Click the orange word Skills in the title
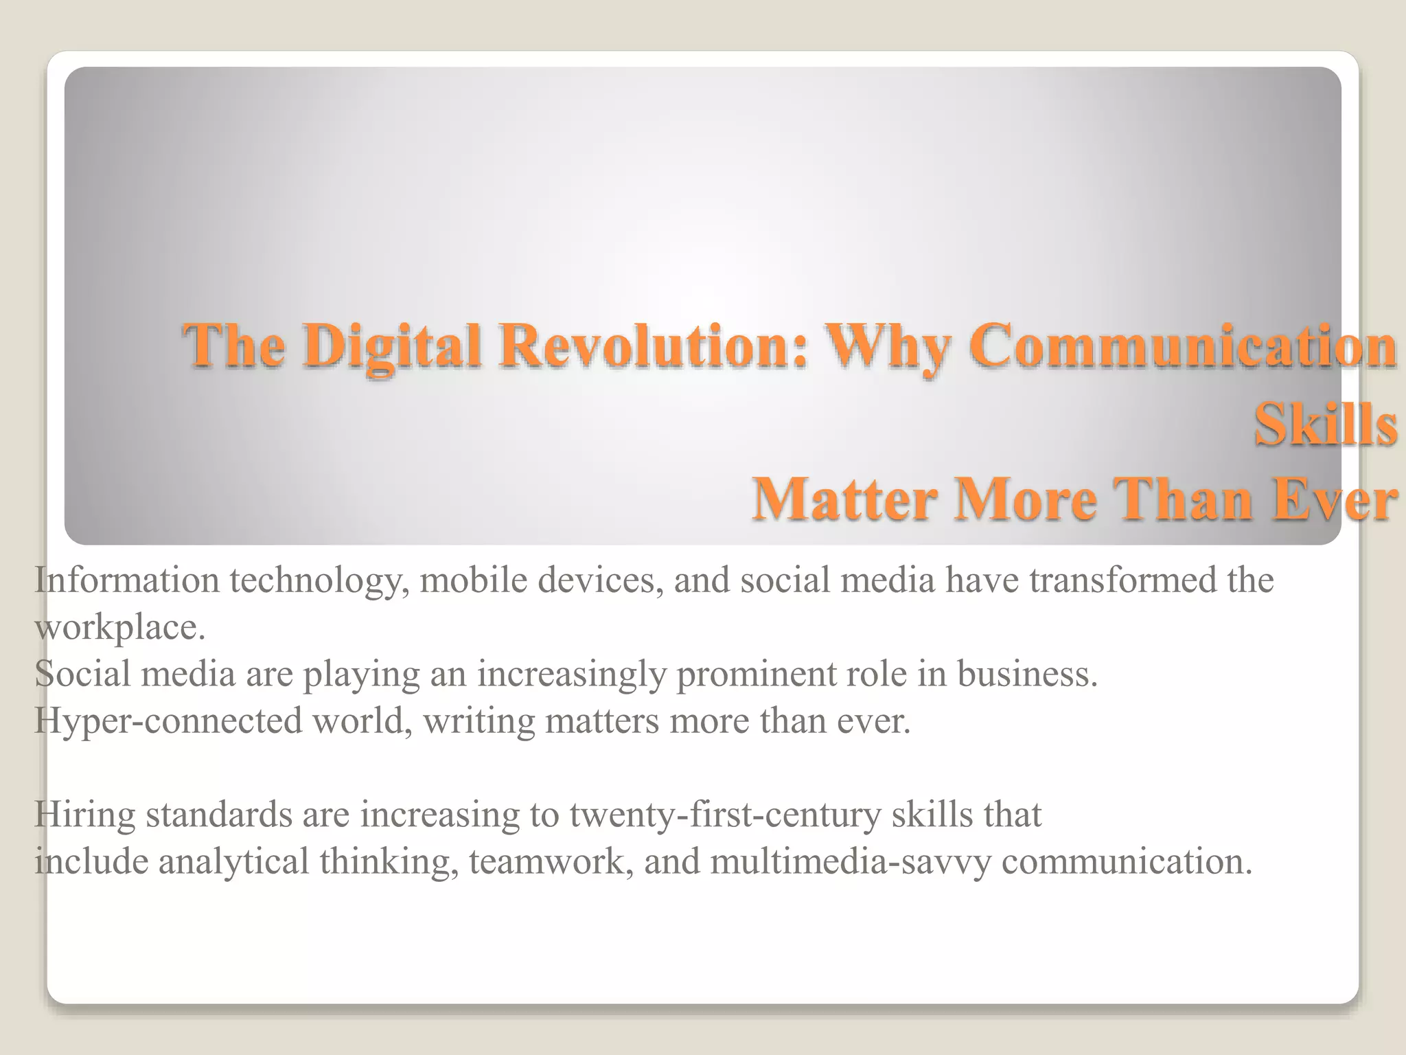[1325, 424]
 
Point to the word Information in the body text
[127, 580]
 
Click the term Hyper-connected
[168, 721]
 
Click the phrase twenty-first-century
[725, 816]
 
